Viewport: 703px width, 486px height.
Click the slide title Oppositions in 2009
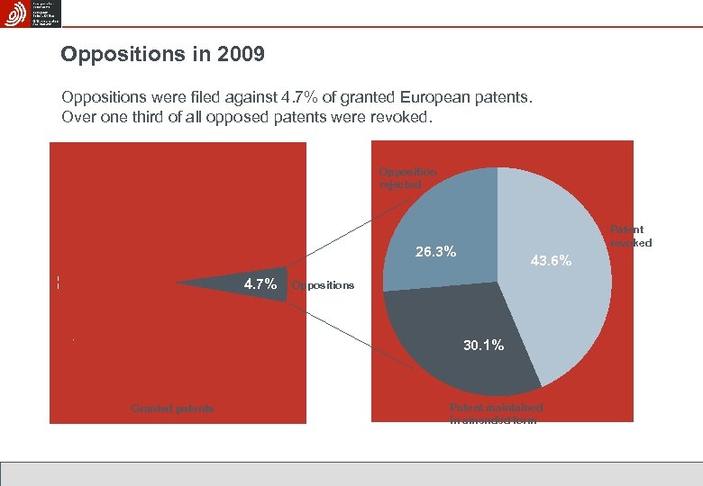162,55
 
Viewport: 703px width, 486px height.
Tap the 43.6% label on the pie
552,261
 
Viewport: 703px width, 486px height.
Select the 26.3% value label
435,251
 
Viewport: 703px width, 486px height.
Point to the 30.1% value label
483,346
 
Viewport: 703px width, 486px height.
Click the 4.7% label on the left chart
260,284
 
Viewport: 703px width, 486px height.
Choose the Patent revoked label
631,236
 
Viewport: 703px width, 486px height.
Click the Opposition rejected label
407,177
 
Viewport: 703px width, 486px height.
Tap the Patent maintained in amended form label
496,414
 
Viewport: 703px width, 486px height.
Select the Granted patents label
173,409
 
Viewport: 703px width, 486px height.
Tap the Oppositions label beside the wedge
324,285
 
